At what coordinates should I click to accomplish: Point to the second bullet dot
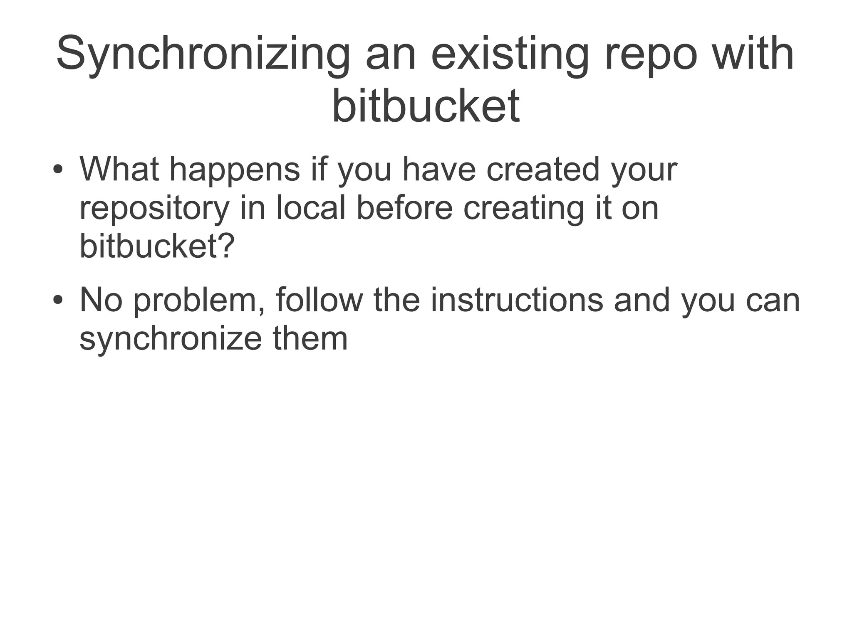58,300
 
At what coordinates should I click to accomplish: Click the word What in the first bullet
119,169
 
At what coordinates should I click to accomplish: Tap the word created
542,169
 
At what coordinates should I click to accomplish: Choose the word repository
154,209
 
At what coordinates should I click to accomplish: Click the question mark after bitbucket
226,246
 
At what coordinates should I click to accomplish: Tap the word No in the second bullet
101,300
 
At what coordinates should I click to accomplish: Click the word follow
319,300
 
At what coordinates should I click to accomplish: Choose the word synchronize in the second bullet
171,339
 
